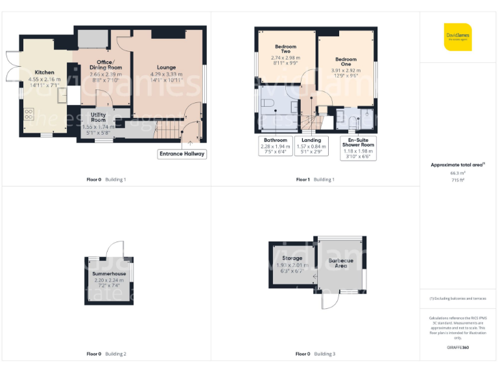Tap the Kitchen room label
tap(44, 73)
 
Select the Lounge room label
tap(166, 67)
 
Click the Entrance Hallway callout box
tap(182, 153)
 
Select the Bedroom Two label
tap(285, 49)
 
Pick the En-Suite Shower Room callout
tap(359, 148)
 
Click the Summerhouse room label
tap(108, 274)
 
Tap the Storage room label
tap(292, 258)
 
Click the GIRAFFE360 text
tap(458, 348)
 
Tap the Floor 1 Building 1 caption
tap(315, 179)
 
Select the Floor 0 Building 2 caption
tap(106, 354)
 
